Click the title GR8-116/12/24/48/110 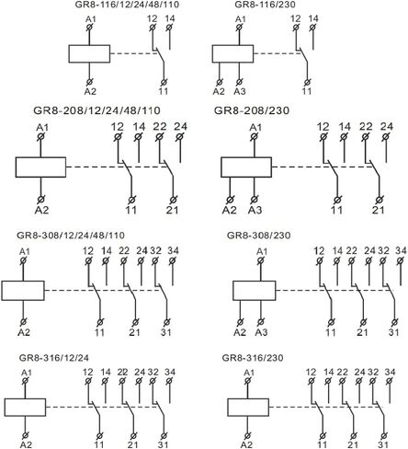(x=127, y=5)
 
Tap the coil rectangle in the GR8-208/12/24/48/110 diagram (x=40, y=167)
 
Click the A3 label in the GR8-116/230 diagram (x=240, y=91)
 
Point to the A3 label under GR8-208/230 (x=255, y=210)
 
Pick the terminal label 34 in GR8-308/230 (x=401, y=251)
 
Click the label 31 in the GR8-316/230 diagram (x=383, y=444)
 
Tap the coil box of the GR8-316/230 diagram (x=248, y=408)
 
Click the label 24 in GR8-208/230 (x=387, y=126)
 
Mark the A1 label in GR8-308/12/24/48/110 (x=25, y=252)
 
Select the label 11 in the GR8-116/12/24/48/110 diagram (x=164, y=91)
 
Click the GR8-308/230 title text (x=258, y=236)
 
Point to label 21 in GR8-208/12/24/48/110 (x=172, y=210)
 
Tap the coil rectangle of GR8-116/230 (x=232, y=54)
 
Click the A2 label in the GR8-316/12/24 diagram (x=26, y=444)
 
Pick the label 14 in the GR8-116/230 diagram (x=313, y=18)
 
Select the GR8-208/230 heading (x=252, y=110)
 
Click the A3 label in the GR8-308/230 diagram (x=261, y=332)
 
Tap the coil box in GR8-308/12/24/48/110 (x=23, y=291)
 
